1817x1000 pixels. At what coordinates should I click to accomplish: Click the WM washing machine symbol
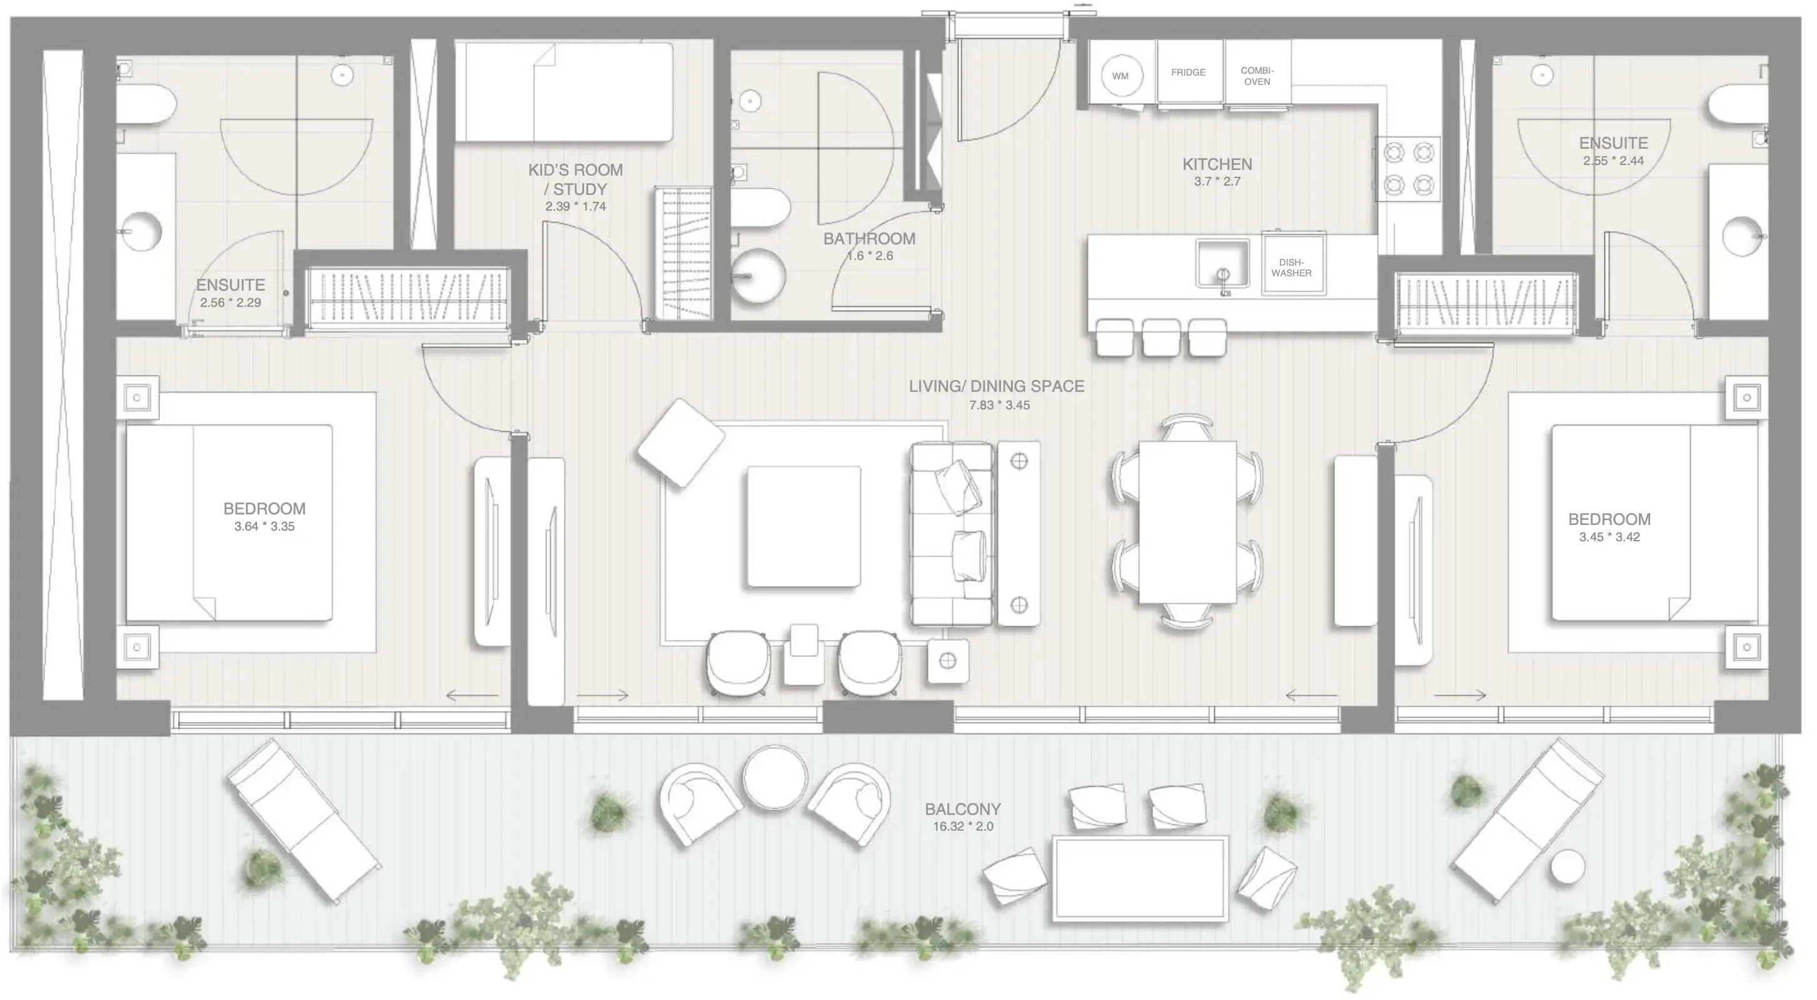click(1120, 76)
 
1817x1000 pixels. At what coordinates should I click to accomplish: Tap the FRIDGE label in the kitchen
click(1188, 72)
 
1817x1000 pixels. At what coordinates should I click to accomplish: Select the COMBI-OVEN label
click(1257, 76)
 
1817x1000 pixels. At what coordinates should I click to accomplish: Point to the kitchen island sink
click(1222, 263)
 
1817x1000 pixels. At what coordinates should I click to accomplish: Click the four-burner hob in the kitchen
click(1409, 168)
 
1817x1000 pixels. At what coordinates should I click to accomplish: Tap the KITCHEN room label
click(1217, 164)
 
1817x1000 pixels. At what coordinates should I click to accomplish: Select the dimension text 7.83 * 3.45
click(999, 405)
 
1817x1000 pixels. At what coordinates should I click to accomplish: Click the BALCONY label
click(962, 809)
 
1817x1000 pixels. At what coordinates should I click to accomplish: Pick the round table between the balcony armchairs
click(775, 777)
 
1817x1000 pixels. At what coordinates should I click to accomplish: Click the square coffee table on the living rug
click(803, 526)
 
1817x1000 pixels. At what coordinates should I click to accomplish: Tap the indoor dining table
click(1187, 522)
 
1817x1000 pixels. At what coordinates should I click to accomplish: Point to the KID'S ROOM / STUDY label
click(576, 179)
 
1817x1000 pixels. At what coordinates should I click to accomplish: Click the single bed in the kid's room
click(563, 92)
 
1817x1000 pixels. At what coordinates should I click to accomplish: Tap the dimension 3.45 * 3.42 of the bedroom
click(1609, 537)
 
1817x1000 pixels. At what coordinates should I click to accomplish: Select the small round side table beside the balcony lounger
click(1568, 867)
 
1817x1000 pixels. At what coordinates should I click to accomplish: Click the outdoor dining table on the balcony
click(1140, 879)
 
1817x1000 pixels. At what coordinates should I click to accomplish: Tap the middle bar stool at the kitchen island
click(1160, 337)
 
